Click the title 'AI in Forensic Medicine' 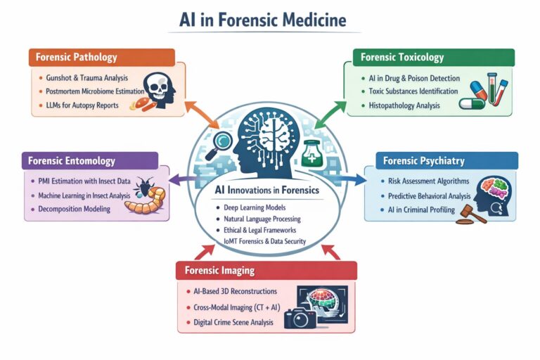coord(269,19)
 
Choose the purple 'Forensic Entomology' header coord(72,160)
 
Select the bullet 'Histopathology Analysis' coord(404,105)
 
